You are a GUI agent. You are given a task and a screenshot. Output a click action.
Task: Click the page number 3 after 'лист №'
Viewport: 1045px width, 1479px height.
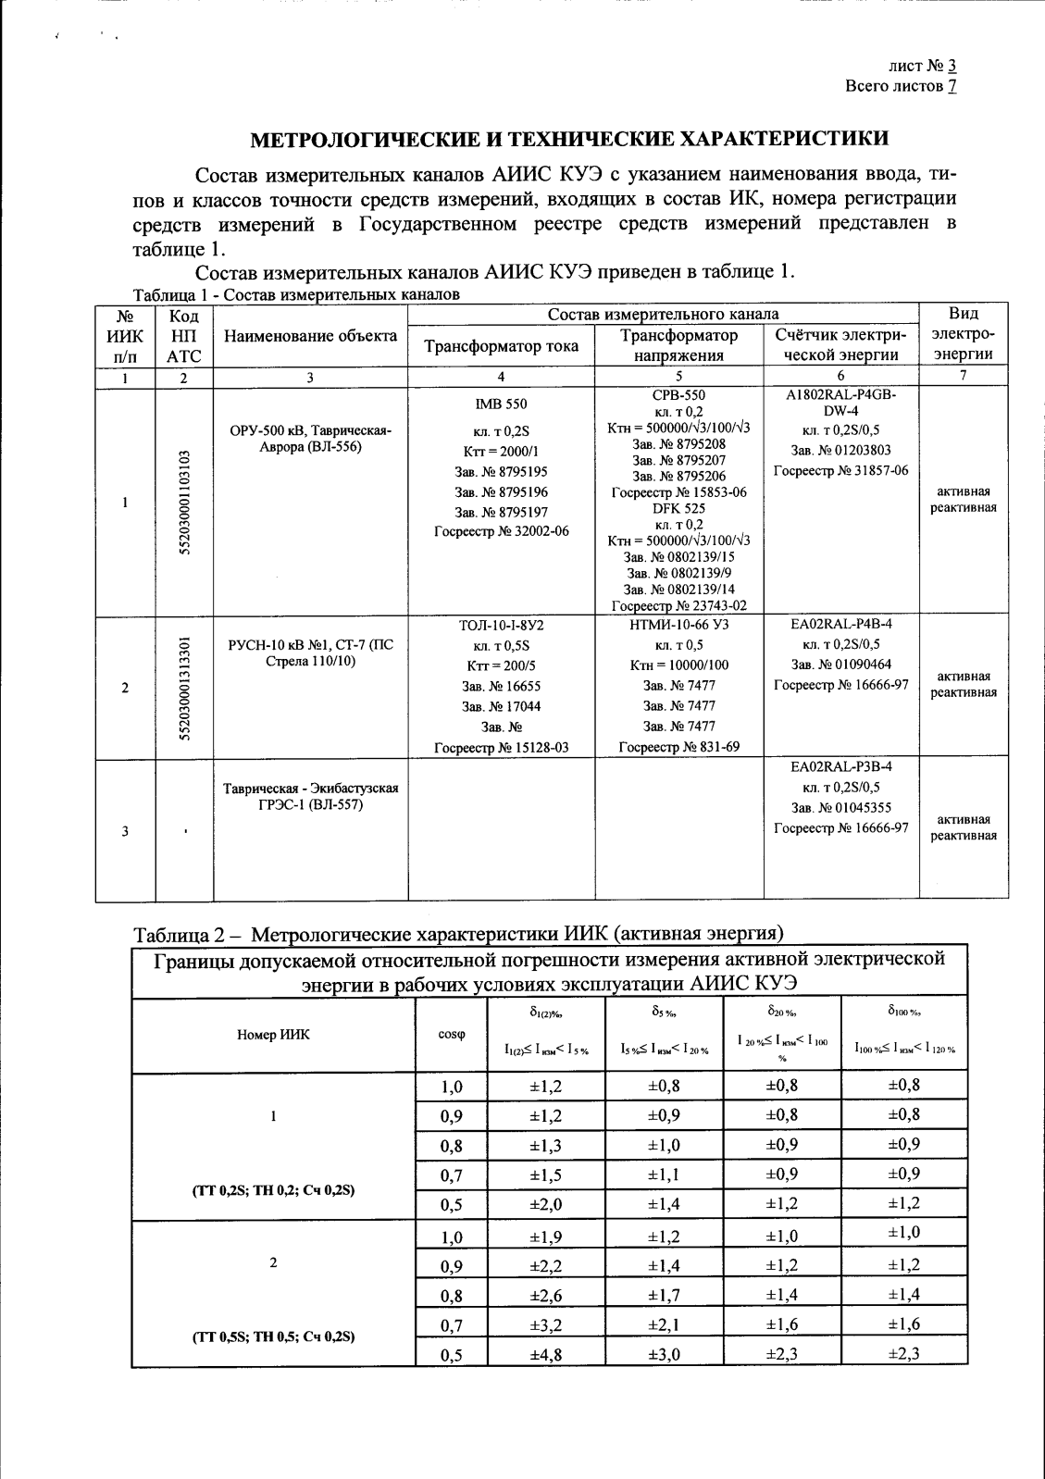point(952,66)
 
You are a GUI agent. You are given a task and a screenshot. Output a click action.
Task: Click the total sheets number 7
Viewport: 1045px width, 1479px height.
point(952,86)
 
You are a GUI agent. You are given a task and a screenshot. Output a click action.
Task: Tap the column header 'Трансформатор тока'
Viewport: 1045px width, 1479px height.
point(501,346)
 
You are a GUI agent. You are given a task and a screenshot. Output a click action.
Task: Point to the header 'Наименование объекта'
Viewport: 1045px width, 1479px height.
point(310,336)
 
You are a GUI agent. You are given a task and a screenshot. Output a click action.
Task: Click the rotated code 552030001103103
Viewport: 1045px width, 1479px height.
point(184,503)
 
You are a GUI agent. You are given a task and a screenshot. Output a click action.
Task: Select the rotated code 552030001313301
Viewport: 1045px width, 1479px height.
point(184,688)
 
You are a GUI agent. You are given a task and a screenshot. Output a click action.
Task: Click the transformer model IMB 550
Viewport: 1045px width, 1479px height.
point(501,404)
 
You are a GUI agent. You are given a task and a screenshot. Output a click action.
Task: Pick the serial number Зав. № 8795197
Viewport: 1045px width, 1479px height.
point(501,512)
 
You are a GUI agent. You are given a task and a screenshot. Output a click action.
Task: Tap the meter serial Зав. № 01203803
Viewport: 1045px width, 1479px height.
point(840,450)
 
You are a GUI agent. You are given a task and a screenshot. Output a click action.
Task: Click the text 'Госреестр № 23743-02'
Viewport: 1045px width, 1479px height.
point(678,606)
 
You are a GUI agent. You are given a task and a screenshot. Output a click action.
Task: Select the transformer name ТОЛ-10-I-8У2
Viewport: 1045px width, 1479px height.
point(501,626)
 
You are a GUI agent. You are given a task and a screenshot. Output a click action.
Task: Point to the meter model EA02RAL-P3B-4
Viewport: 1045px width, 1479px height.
point(840,767)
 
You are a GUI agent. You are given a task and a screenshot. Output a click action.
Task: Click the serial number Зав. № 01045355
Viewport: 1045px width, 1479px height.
point(840,808)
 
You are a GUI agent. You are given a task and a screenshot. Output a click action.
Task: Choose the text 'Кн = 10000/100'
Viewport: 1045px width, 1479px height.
point(678,665)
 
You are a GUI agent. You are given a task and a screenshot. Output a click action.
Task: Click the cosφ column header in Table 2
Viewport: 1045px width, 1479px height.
point(451,1035)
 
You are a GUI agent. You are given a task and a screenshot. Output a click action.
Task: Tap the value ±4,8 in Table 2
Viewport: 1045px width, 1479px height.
point(546,1355)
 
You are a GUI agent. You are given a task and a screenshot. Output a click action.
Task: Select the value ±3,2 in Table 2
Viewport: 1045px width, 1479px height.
point(546,1325)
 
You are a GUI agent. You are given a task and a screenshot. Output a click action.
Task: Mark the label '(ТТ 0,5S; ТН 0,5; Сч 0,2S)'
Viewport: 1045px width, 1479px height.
point(273,1336)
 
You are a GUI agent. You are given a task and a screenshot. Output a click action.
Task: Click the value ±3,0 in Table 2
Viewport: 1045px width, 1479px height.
point(664,1355)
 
